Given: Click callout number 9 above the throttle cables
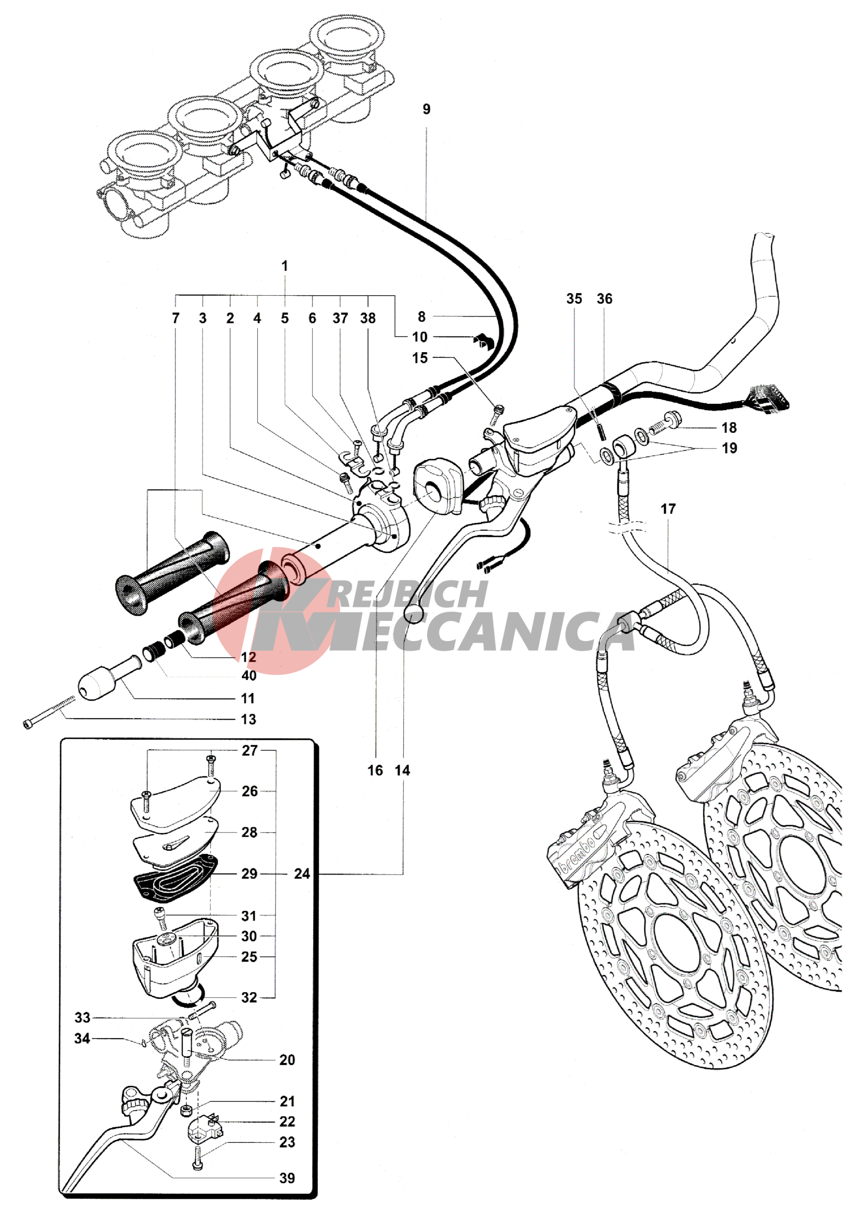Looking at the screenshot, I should (x=426, y=109).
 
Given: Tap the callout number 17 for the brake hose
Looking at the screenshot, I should (x=668, y=509).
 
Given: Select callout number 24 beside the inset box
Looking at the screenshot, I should (x=302, y=874).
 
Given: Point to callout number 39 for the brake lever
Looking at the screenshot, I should (x=287, y=1178).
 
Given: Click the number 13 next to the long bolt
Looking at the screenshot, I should (x=249, y=719).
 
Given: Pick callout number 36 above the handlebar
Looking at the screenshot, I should (x=605, y=299).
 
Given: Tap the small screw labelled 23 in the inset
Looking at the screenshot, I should (x=197, y=1157).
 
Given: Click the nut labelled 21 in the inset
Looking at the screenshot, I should (x=186, y=1110).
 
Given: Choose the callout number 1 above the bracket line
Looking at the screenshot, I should (x=285, y=266).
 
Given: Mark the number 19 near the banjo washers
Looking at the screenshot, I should (x=729, y=448).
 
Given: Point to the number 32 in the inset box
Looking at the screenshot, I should (x=249, y=997).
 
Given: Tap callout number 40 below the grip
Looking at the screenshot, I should (x=249, y=676).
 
